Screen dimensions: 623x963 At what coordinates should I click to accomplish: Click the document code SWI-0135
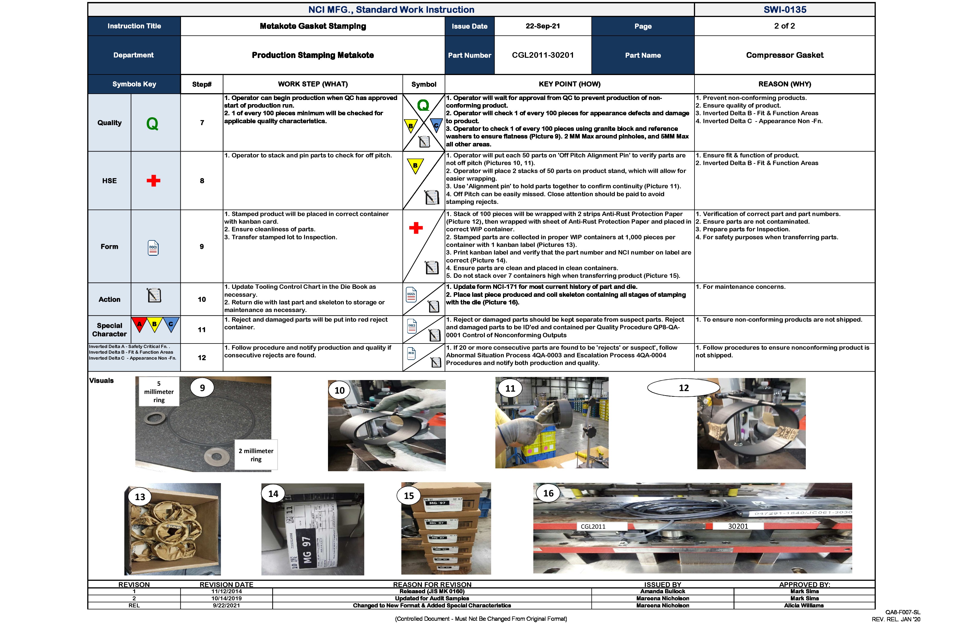pyautogui.click(x=785, y=10)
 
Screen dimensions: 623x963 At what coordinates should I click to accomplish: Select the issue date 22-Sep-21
pyautogui.click(x=543, y=26)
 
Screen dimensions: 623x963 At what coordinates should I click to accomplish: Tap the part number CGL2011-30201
pyautogui.click(x=543, y=55)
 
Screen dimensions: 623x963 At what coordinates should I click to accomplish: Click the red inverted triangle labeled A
pyautogui.click(x=139, y=324)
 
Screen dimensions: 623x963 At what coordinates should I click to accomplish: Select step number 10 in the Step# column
pyautogui.click(x=201, y=299)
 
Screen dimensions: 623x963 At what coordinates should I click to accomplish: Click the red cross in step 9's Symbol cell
pyautogui.click(x=416, y=228)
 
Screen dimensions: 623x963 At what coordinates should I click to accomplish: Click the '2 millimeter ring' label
pyautogui.click(x=256, y=455)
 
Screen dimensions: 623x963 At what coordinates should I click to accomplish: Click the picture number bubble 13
pyautogui.click(x=140, y=497)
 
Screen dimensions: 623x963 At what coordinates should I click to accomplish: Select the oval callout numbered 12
pyautogui.click(x=683, y=388)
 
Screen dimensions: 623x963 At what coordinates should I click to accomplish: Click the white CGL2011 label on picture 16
pyautogui.click(x=593, y=526)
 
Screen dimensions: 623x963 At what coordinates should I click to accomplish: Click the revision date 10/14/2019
pyautogui.click(x=226, y=598)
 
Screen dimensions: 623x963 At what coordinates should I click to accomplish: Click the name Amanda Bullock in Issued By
pyautogui.click(x=662, y=592)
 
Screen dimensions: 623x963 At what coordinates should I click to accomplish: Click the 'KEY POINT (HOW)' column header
pyautogui.click(x=569, y=84)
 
